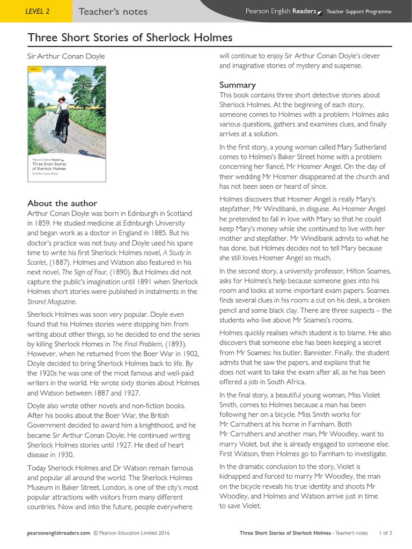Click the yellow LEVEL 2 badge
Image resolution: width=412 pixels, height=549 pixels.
36,11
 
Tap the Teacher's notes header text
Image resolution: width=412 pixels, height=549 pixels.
113,11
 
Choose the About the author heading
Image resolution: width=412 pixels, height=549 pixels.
62,203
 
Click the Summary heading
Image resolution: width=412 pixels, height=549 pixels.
237,85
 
